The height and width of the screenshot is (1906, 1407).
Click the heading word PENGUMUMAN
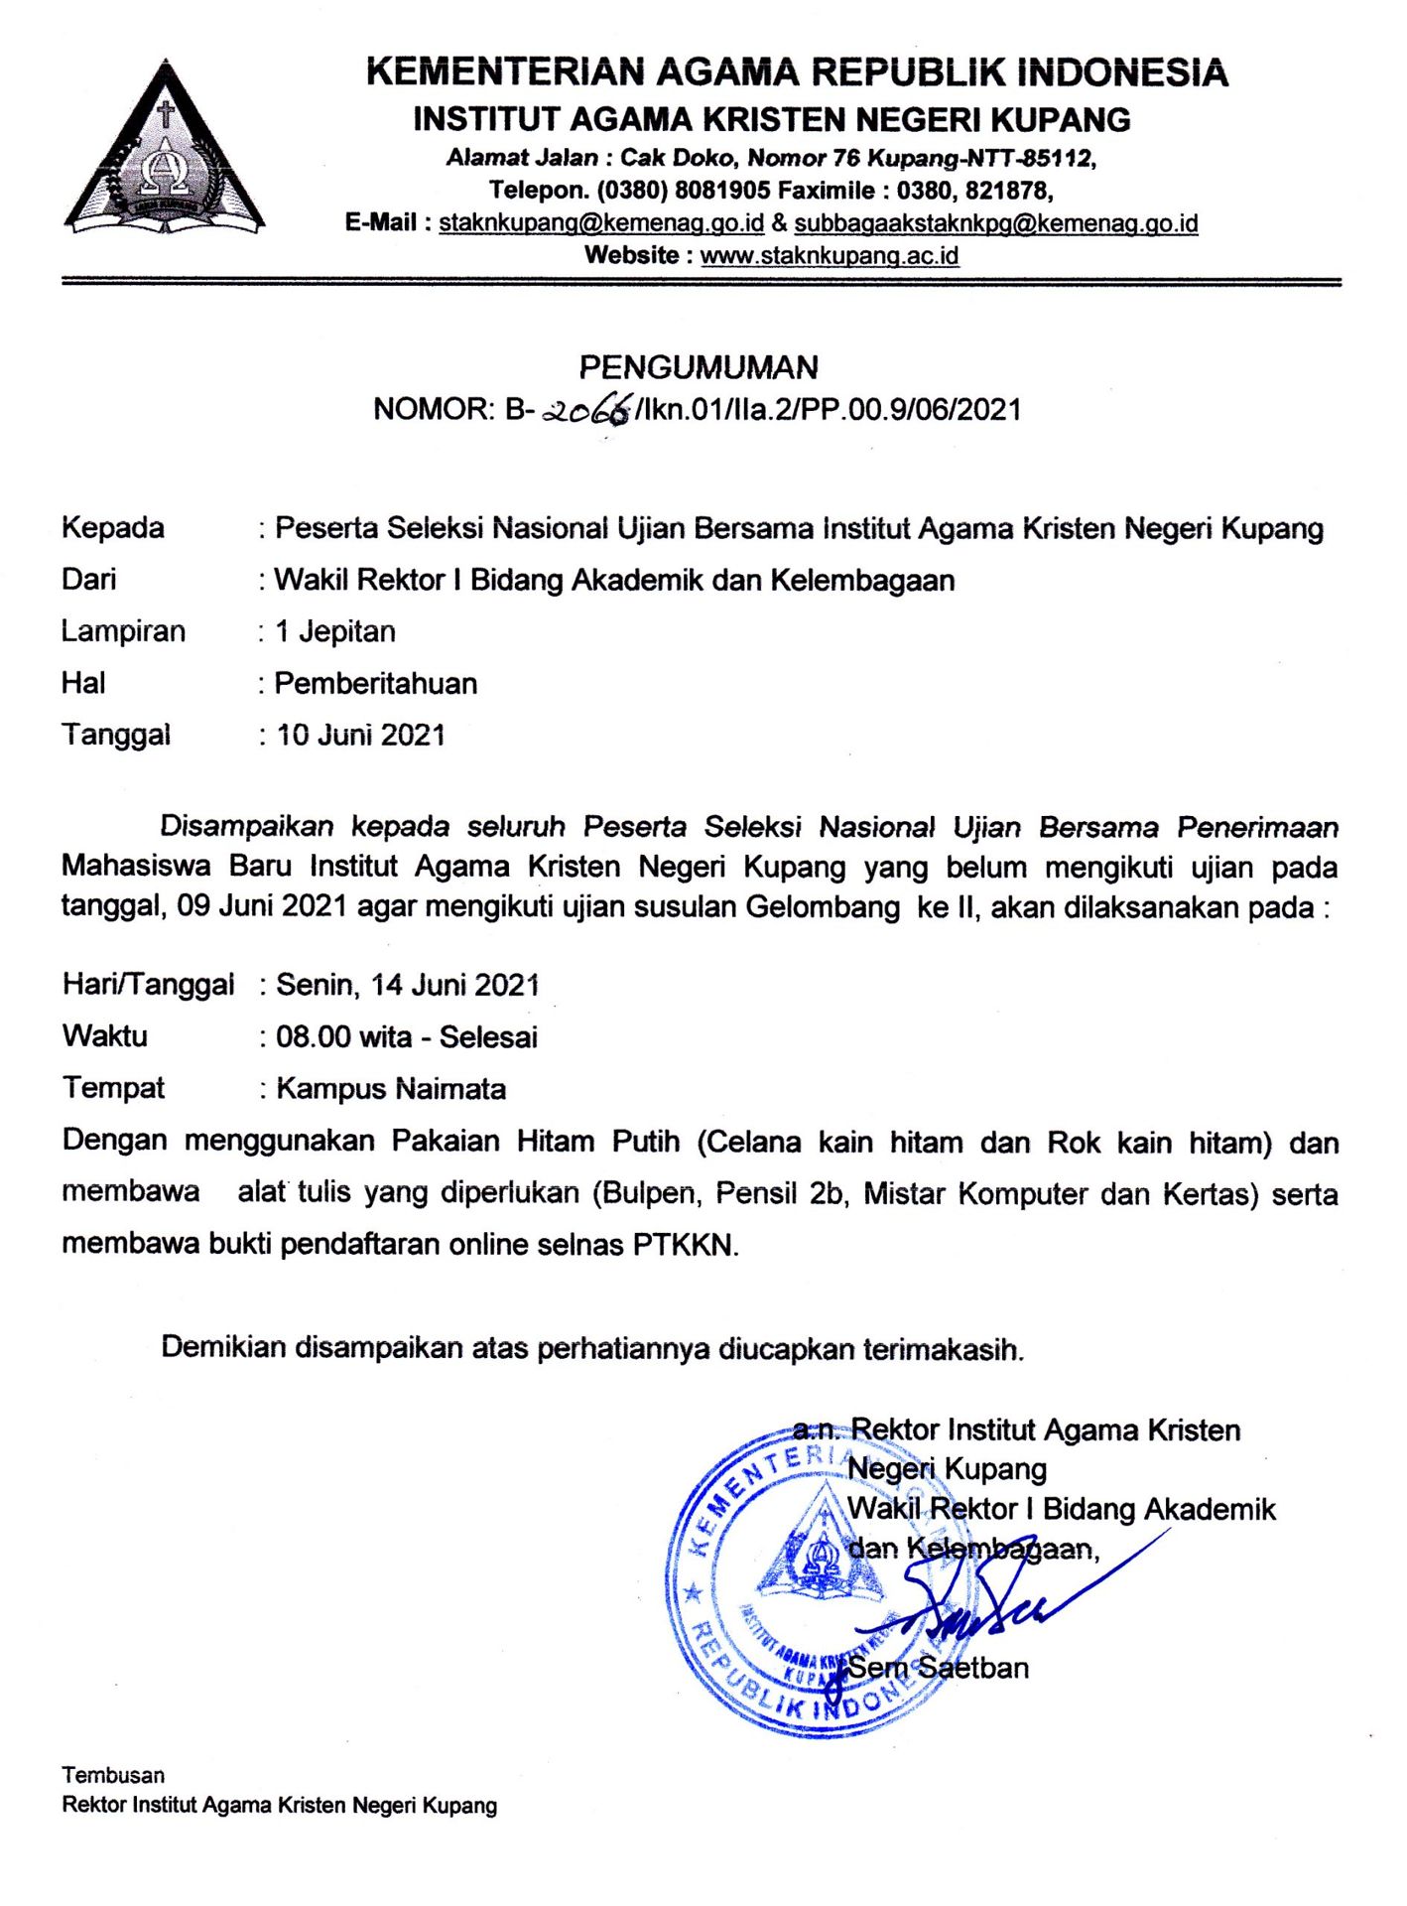699,367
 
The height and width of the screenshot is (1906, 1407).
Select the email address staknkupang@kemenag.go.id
601,222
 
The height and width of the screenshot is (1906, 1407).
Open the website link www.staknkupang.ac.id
830,255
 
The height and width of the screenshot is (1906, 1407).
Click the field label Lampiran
123,631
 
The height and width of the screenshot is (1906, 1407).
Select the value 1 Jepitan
335,631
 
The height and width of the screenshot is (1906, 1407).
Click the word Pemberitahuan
376,683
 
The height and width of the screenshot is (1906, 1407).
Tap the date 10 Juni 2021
361,735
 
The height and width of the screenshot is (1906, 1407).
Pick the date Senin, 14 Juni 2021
408,985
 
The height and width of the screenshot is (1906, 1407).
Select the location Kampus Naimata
391,1088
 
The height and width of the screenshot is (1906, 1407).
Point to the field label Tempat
113,1088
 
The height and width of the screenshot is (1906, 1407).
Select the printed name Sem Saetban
938,1667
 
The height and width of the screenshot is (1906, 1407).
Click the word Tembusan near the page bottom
113,1774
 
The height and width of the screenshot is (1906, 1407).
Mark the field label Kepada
113,527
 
